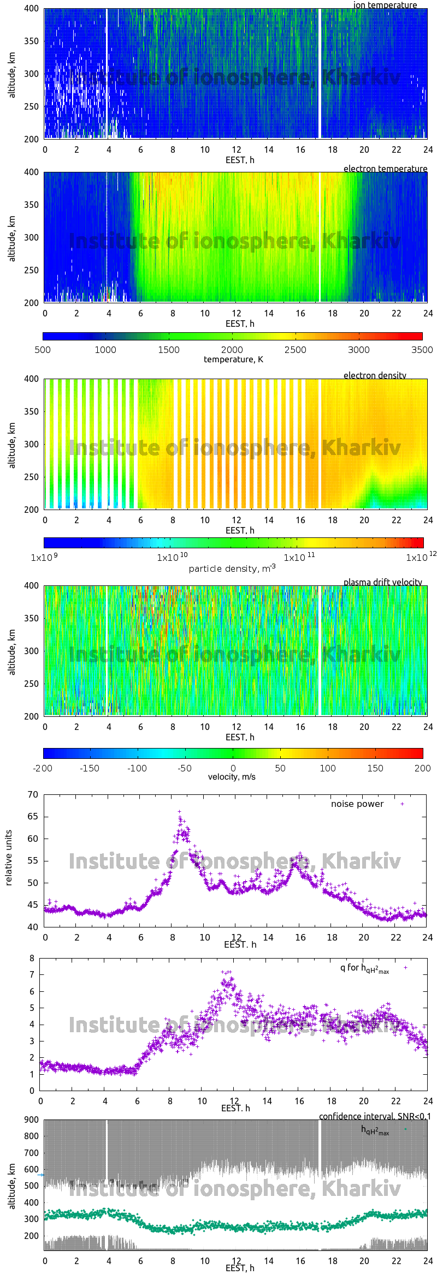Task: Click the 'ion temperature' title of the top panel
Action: [x=385, y=5]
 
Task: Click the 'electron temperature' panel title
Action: [x=385, y=169]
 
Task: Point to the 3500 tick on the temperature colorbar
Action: [x=422, y=350]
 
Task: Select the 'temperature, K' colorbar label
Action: [x=233, y=360]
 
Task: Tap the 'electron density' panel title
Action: [x=375, y=375]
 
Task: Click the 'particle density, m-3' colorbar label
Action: [x=232, y=568]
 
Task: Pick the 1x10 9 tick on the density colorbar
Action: [x=44, y=558]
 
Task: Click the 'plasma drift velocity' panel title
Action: [x=382, y=582]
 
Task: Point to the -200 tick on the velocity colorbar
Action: [x=43, y=768]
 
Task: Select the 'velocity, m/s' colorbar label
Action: [x=232, y=777]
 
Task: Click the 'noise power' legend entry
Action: [x=357, y=804]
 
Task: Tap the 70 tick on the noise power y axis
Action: [x=33, y=795]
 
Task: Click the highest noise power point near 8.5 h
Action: [x=179, y=812]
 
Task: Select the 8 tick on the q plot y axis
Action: [x=32, y=958]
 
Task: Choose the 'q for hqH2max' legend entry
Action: [x=364, y=968]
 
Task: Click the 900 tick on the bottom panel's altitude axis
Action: [x=32, y=1120]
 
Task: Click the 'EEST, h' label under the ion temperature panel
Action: [x=240, y=160]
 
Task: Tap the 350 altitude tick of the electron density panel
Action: [x=32, y=411]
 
